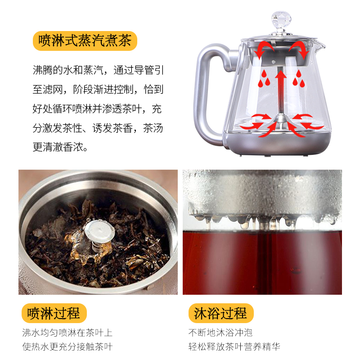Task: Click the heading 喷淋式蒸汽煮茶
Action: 85,41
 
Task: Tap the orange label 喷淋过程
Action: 54,313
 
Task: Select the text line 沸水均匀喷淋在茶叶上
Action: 67,333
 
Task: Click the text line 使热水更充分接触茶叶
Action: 67,346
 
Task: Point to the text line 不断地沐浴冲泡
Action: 220,333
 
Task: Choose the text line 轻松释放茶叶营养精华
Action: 234,346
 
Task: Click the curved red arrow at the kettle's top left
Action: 265,49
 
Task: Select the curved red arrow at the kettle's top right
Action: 298,49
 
